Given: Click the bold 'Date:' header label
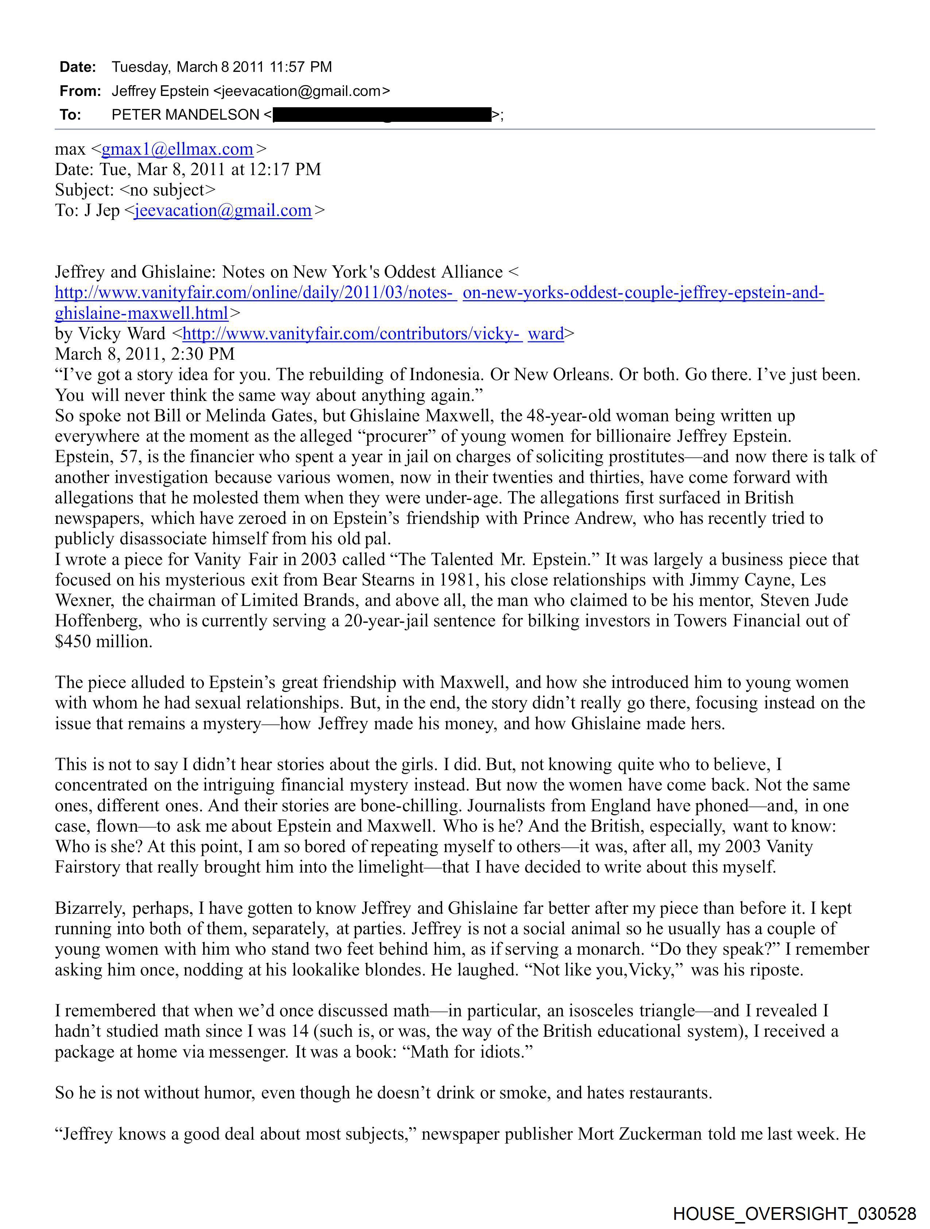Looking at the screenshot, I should [x=78, y=67].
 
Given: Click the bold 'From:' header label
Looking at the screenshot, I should [x=80, y=91].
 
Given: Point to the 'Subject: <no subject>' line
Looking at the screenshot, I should [x=135, y=190].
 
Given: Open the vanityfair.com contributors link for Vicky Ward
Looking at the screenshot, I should [x=373, y=333].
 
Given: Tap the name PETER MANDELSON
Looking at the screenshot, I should [x=185, y=115].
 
